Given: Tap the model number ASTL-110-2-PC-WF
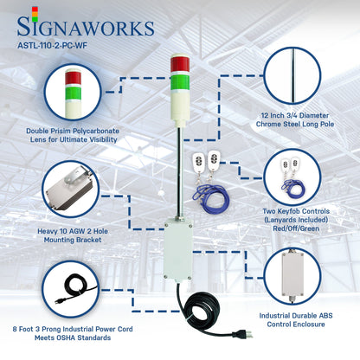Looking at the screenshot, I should coord(55,48).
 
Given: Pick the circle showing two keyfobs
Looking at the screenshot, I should coord(294,174).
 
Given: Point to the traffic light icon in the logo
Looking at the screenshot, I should coord(10,14).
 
